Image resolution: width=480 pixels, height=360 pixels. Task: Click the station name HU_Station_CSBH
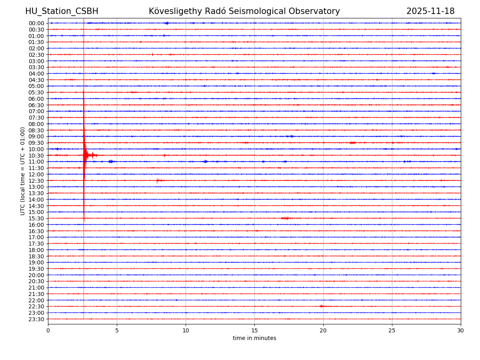[x=62, y=11]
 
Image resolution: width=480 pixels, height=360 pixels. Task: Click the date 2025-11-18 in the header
[x=430, y=11]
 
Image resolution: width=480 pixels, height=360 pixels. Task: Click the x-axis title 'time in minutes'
[x=254, y=338]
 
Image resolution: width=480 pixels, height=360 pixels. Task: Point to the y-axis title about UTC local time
[x=23, y=171]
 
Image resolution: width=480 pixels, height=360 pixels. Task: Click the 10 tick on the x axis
[x=186, y=330]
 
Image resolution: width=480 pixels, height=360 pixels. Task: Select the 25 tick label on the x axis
[x=392, y=330]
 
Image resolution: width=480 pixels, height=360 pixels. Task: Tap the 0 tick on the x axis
[x=48, y=330]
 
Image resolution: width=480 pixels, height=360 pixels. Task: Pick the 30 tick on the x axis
[x=461, y=330]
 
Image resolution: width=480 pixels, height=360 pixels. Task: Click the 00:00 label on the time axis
[x=36, y=23]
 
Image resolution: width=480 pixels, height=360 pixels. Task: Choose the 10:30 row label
[x=36, y=156]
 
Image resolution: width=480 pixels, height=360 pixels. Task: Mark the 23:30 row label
[x=36, y=319]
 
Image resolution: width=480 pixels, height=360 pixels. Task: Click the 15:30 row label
[x=36, y=218]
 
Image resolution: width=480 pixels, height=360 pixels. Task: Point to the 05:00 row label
[x=36, y=86]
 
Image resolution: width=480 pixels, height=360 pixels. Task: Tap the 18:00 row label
[x=36, y=250]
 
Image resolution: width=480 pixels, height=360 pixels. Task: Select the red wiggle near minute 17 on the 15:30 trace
[x=286, y=218]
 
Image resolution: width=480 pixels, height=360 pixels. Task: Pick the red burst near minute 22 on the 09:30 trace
[x=352, y=142]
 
